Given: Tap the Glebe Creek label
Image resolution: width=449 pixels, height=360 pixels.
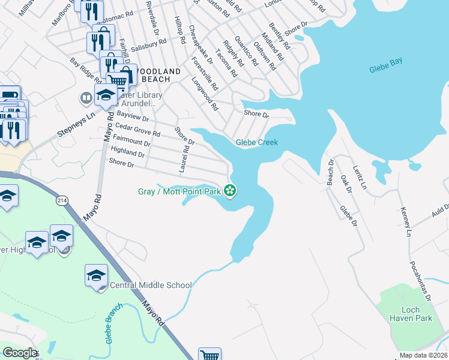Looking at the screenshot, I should (x=256, y=142).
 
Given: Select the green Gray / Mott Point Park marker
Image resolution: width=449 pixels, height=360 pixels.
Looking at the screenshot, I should (x=229, y=191).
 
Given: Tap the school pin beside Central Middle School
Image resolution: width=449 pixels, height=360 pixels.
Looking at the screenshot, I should (x=96, y=275).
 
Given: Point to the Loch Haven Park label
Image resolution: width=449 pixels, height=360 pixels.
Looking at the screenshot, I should (x=410, y=314).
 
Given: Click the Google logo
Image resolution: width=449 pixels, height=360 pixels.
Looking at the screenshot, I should (x=20, y=353).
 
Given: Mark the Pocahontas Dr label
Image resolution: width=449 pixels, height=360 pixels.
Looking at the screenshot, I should (x=420, y=280).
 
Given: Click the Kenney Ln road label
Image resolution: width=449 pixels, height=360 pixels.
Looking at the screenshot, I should (x=405, y=221).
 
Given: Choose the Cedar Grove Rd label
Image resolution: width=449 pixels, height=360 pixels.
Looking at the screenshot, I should (x=137, y=129).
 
